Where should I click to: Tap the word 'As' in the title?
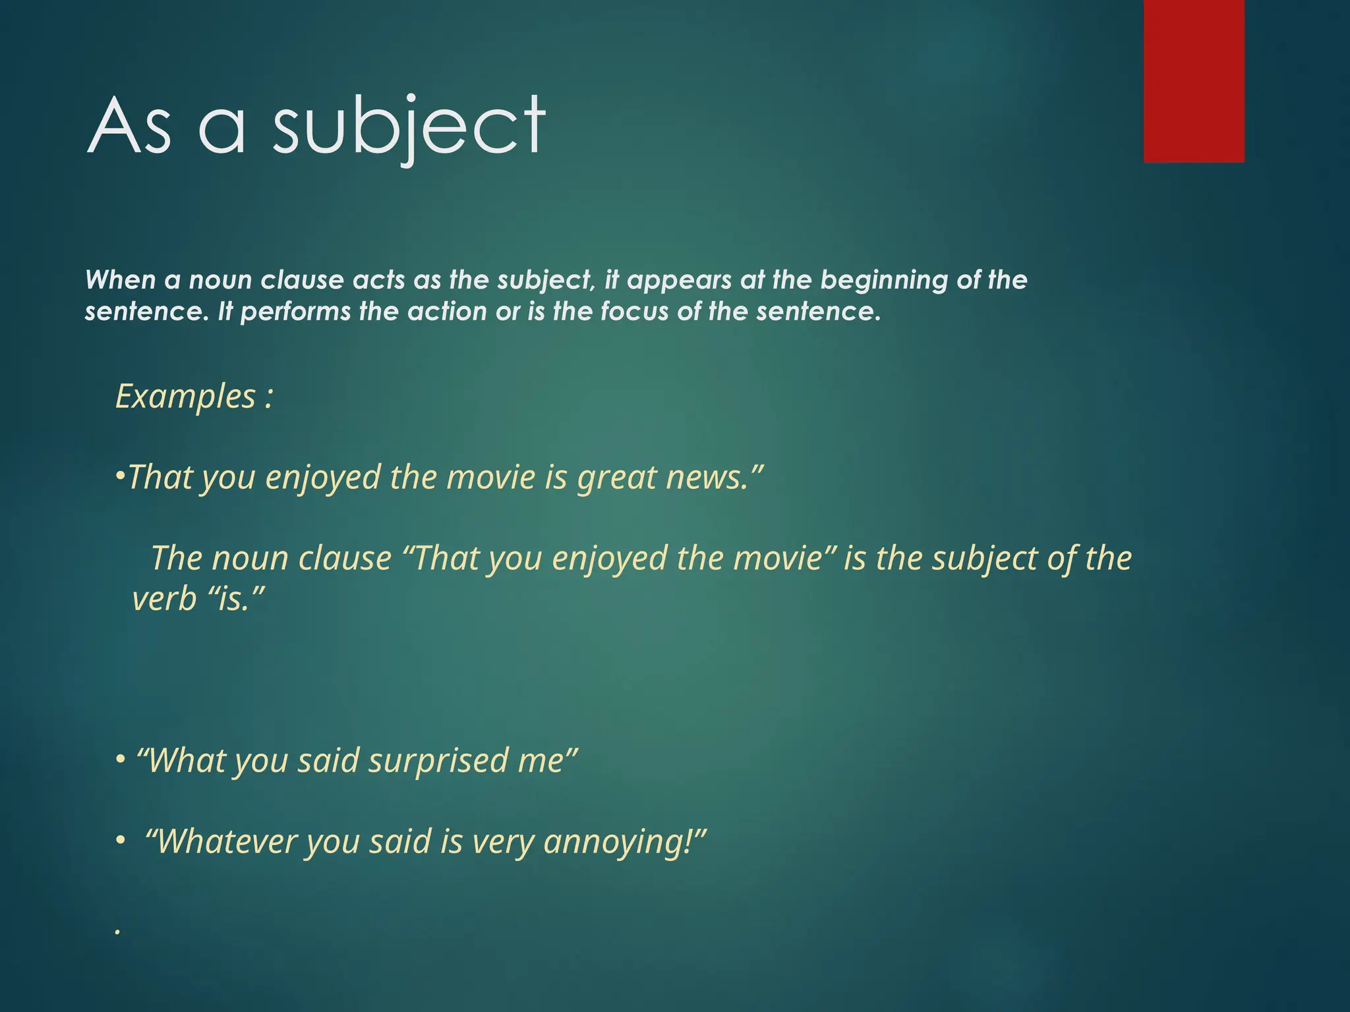pyautogui.click(x=129, y=126)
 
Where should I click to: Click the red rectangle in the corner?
pyautogui.click(x=1194, y=80)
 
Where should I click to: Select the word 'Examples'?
pyautogui.click(x=185, y=397)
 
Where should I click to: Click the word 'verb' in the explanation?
pyautogui.click(x=165, y=600)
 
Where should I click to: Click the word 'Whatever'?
pyautogui.click(x=227, y=842)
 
